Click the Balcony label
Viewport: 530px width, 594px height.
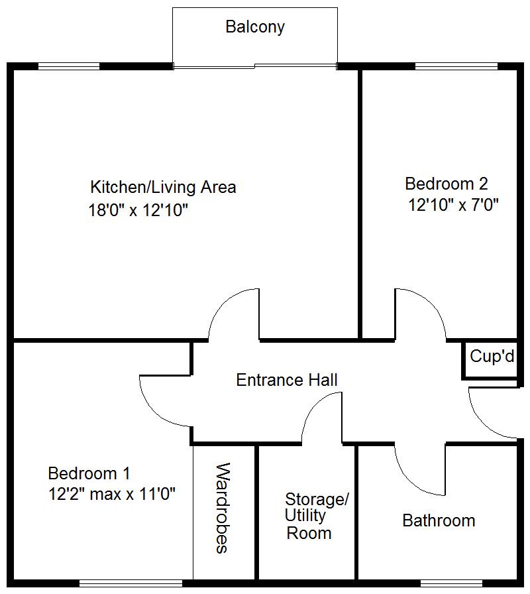255,27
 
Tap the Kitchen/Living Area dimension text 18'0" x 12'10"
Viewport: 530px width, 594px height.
138,210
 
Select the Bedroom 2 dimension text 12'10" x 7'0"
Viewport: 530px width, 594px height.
453,205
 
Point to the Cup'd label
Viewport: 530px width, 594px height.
492,356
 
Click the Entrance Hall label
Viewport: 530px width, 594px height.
287,380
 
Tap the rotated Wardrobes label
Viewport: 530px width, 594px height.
223,508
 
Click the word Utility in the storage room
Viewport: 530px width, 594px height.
305,516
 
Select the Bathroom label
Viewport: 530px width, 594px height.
439,520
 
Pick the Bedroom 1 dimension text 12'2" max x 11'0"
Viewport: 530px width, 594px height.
112,494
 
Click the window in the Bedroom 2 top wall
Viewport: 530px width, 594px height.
456,66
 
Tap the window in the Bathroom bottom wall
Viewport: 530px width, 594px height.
451,583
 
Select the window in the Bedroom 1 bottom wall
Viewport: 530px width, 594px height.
131,583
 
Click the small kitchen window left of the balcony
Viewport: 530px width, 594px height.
69,66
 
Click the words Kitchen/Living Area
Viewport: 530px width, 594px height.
163,187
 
